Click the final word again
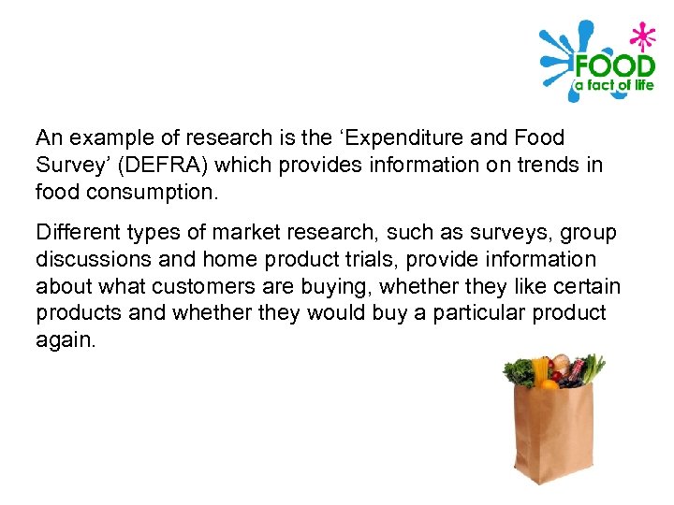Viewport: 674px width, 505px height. [66, 340]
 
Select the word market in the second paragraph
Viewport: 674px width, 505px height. [252, 231]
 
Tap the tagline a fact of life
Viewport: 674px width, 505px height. [613, 86]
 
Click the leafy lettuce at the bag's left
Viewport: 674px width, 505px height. [518, 372]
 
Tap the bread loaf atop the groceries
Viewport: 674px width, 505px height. [561, 364]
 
